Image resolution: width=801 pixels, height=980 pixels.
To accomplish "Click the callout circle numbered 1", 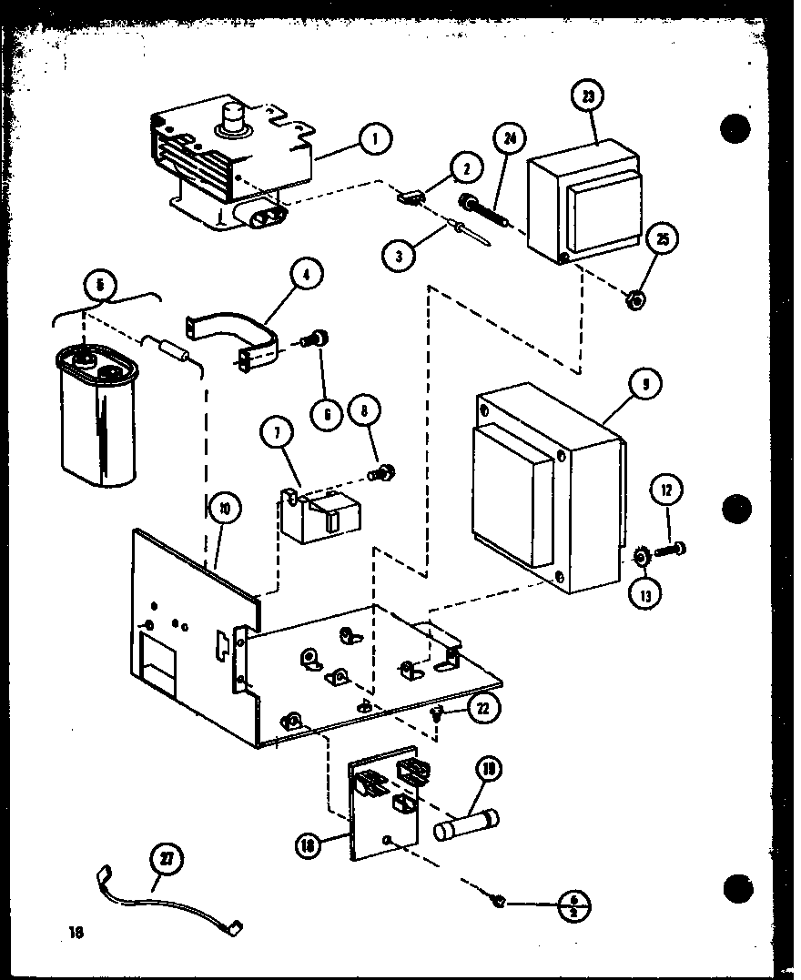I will [x=373, y=139].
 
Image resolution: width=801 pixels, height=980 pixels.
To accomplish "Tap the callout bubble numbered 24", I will [x=511, y=140].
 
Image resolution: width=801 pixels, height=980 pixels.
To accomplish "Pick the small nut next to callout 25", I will [x=637, y=298].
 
